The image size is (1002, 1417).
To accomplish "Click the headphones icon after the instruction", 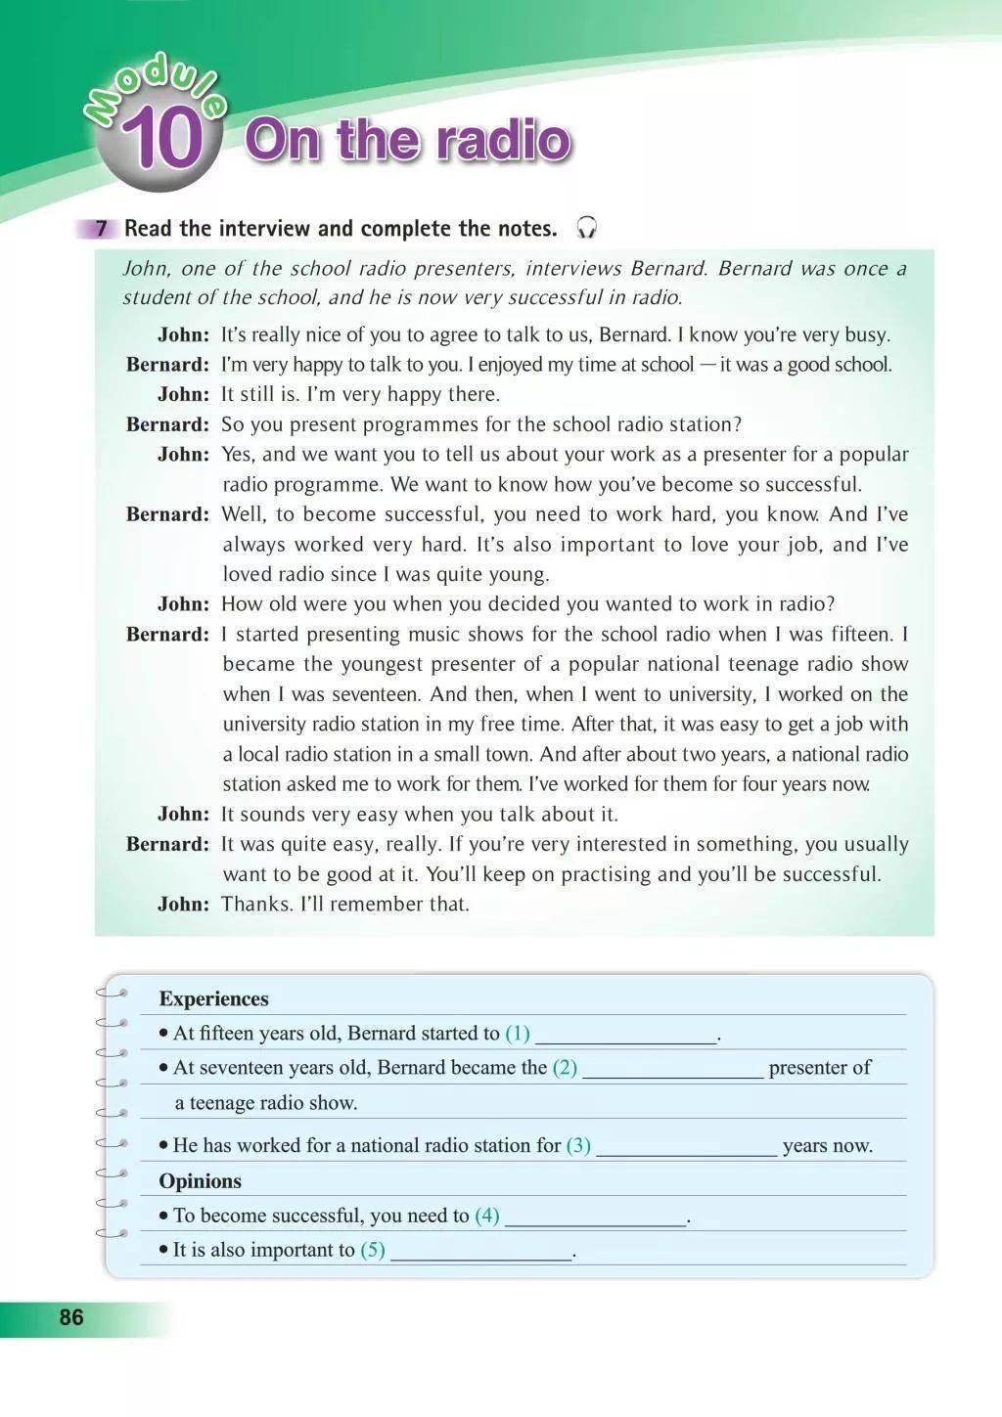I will click(586, 228).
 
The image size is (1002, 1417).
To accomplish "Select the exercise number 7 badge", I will click(99, 229).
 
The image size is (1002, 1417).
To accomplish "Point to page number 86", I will click(71, 1317).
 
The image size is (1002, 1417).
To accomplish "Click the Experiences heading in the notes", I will click(213, 998).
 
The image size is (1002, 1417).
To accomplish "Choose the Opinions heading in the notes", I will click(200, 1180).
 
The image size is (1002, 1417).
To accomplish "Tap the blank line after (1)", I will click(625, 1035).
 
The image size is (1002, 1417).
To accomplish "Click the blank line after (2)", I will click(672, 1069).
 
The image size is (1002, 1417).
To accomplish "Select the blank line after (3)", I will click(686, 1147).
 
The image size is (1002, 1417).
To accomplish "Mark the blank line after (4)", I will click(595, 1218).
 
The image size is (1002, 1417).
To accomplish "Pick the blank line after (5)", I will click(480, 1252).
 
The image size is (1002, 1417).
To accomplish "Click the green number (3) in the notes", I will click(578, 1145).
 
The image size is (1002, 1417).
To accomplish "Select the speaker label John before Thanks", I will click(183, 904).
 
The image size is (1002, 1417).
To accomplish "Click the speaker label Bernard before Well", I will click(167, 514).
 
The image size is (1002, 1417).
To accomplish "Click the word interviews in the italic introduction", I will click(573, 268).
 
